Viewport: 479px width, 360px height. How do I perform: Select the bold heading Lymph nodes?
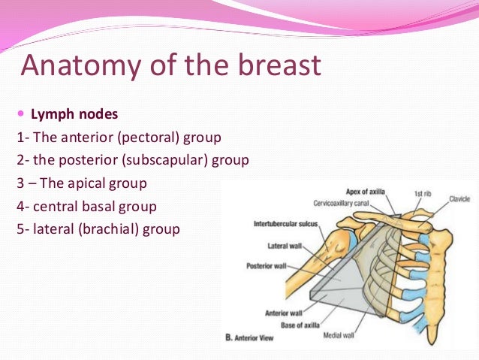(x=74, y=116)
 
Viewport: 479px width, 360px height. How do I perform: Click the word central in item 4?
(x=55, y=205)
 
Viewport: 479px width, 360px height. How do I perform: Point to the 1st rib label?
(x=422, y=194)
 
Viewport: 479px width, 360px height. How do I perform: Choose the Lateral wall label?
(x=288, y=246)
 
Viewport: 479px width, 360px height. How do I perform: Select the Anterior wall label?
(x=283, y=313)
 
